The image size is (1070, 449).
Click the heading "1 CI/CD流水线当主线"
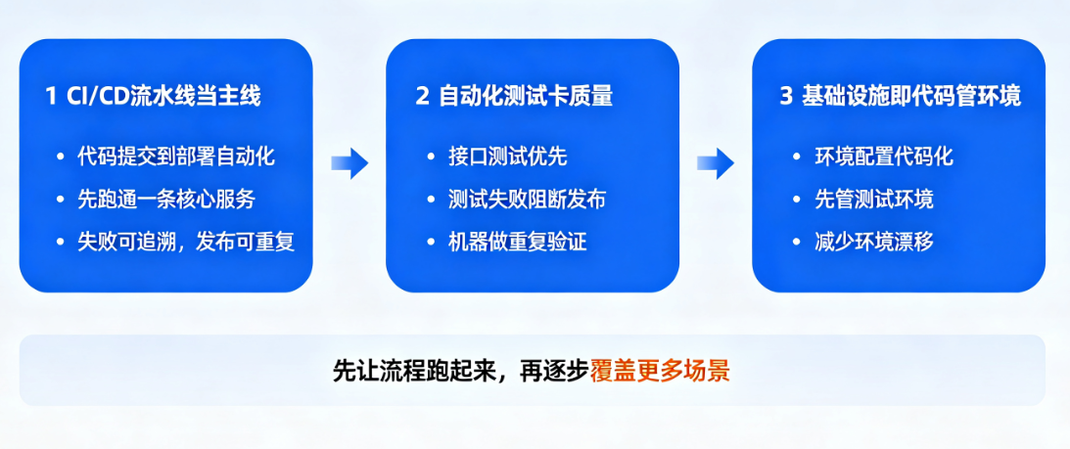tap(154, 97)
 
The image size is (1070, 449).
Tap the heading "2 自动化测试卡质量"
tap(515, 97)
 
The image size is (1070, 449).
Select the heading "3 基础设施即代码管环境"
tap(901, 97)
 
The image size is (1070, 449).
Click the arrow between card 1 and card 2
tap(349, 163)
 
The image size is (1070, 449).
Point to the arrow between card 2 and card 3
tap(716, 163)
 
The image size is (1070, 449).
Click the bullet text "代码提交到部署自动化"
tap(176, 157)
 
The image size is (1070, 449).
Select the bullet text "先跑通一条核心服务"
tap(166, 200)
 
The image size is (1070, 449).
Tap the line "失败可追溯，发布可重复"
tap(186, 242)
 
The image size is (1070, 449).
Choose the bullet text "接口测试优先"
tap(508, 157)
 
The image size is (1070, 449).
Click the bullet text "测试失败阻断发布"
tap(528, 200)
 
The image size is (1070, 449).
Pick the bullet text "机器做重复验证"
tap(517, 242)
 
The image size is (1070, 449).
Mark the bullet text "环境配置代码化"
tap(884, 157)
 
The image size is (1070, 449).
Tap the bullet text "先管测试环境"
tap(874, 200)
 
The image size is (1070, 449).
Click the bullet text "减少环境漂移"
tap(874, 242)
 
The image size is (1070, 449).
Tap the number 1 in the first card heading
tap(51, 97)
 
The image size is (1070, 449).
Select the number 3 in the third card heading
tap(786, 97)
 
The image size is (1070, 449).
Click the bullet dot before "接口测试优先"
tap(430, 157)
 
